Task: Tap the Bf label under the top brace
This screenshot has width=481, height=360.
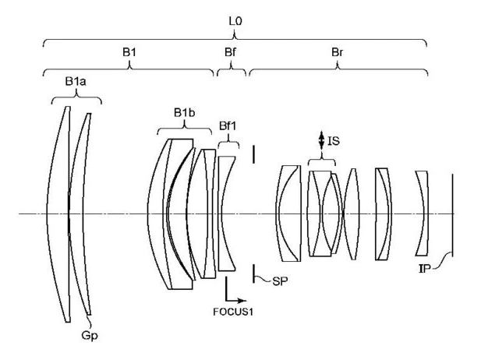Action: pyautogui.click(x=231, y=51)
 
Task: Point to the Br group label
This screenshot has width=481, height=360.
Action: pyautogui.click(x=337, y=51)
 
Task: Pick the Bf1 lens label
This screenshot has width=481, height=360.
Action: pyautogui.click(x=228, y=133)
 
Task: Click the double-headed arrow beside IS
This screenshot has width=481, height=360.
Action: pyautogui.click(x=320, y=141)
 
